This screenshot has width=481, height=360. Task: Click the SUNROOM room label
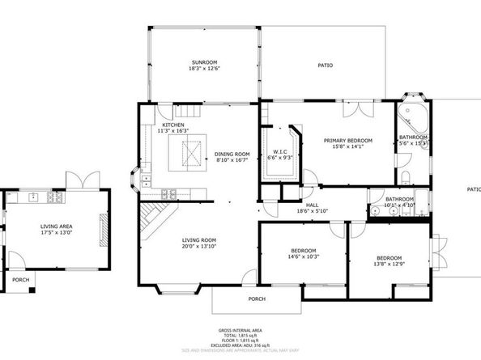[204, 61]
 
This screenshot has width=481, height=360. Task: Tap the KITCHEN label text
[173, 125]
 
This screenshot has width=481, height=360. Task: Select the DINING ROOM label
[232, 154]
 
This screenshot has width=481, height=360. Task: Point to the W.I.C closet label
[281, 151]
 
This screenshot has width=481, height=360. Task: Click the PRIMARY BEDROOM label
[347, 141]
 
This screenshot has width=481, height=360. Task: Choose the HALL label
[312, 205]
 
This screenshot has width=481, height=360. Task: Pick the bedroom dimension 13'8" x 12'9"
[389, 264]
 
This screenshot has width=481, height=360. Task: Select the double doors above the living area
[80, 180]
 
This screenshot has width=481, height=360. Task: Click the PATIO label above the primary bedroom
[326, 66]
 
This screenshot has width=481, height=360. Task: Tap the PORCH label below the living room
[257, 299]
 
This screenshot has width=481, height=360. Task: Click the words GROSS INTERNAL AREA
[240, 330]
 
